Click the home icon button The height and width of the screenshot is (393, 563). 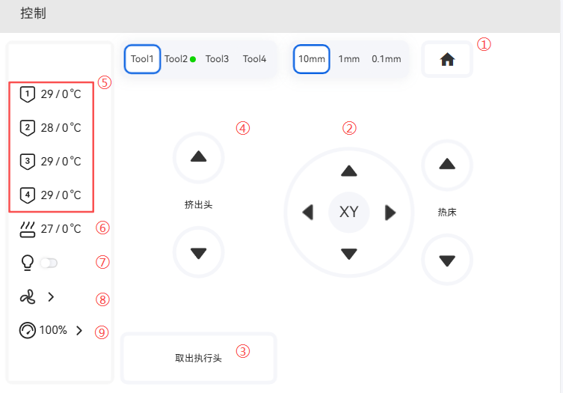pyautogui.click(x=447, y=59)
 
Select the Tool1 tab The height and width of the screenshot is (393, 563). pyautogui.click(x=142, y=59)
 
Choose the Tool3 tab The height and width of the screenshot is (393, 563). pyautogui.click(x=217, y=59)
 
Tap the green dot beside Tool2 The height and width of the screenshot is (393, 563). pyautogui.click(x=193, y=59)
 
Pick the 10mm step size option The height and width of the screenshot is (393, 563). pyautogui.click(x=311, y=59)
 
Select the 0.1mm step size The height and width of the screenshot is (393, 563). pyautogui.click(x=387, y=59)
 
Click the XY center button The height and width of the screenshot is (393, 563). pyautogui.click(x=348, y=212)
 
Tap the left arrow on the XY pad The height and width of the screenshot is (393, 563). pyautogui.click(x=308, y=212)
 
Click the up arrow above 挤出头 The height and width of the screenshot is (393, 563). pyautogui.click(x=199, y=157)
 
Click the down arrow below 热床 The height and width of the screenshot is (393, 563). pyautogui.click(x=447, y=260)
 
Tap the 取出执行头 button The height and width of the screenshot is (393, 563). pyautogui.click(x=199, y=358)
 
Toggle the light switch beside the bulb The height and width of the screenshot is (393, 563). pyautogui.click(x=49, y=263)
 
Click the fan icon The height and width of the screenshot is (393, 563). pyautogui.click(x=28, y=297)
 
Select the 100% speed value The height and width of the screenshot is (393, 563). pyautogui.click(x=53, y=330)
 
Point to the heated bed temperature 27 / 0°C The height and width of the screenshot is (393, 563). pyautogui.click(x=61, y=228)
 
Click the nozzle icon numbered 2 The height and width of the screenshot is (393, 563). pyautogui.click(x=27, y=128)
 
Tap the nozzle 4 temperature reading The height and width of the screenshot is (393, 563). pyautogui.click(x=61, y=195)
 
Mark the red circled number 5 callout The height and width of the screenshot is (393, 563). pyautogui.click(x=105, y=82)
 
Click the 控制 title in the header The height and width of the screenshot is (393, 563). pyautogui.click(x=33, y=13)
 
